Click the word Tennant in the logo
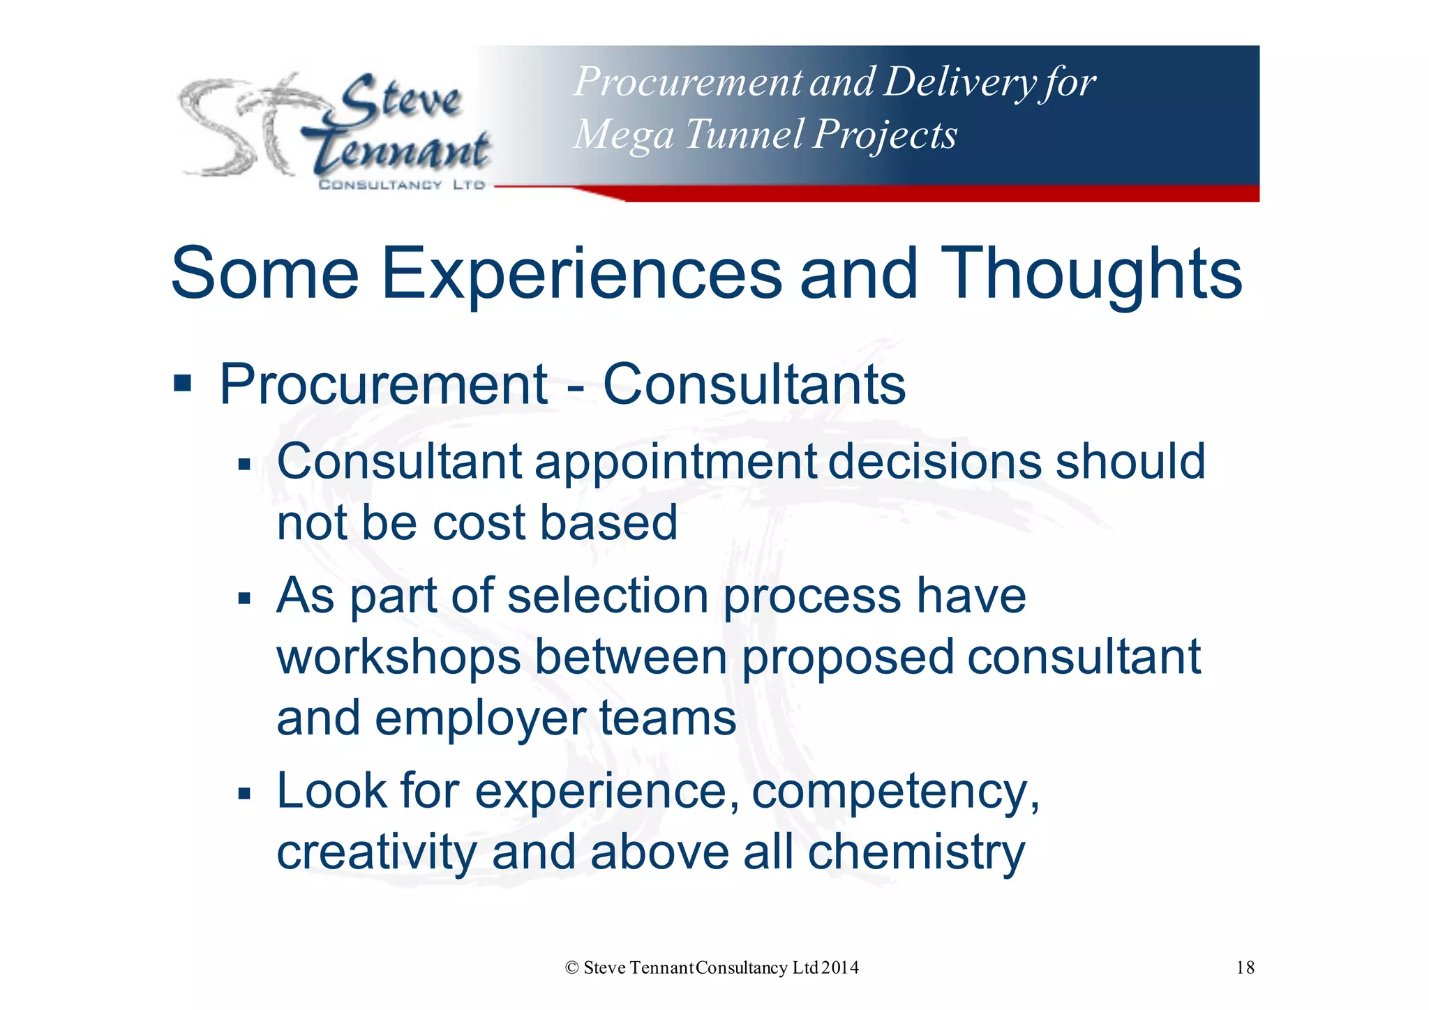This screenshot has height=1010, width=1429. tap(401, 151)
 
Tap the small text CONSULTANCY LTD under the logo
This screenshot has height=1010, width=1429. tap(401, 185)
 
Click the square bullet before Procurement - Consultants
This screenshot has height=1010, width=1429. tap(183, 383)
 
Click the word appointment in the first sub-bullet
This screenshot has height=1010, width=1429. tap(675, 463)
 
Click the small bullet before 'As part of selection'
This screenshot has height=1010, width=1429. tap(244, 598)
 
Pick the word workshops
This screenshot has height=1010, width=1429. tap(398, 657)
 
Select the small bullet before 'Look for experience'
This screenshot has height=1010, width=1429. tap(244, 793)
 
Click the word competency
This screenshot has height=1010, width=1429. tap(895, 792)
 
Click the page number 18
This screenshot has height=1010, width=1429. tap(1245, 967)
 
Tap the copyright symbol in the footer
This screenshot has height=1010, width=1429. tap(572, 967)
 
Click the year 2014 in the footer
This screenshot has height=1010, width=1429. tap(840, 967)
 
